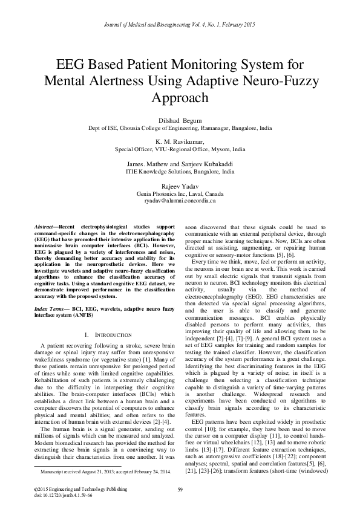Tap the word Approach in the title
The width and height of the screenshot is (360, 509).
tap(180, 98)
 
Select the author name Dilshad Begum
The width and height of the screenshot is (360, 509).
tap(180, 120)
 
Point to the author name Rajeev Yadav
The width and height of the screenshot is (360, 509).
tap(180, 185)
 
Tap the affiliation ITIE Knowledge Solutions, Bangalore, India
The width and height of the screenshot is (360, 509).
tap(180, 171)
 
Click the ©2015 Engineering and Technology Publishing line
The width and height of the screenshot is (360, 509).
tap(68, 488)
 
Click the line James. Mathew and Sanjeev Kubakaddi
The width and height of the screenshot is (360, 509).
tap(180, 163)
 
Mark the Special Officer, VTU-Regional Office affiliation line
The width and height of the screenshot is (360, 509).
tap(180, 148)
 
